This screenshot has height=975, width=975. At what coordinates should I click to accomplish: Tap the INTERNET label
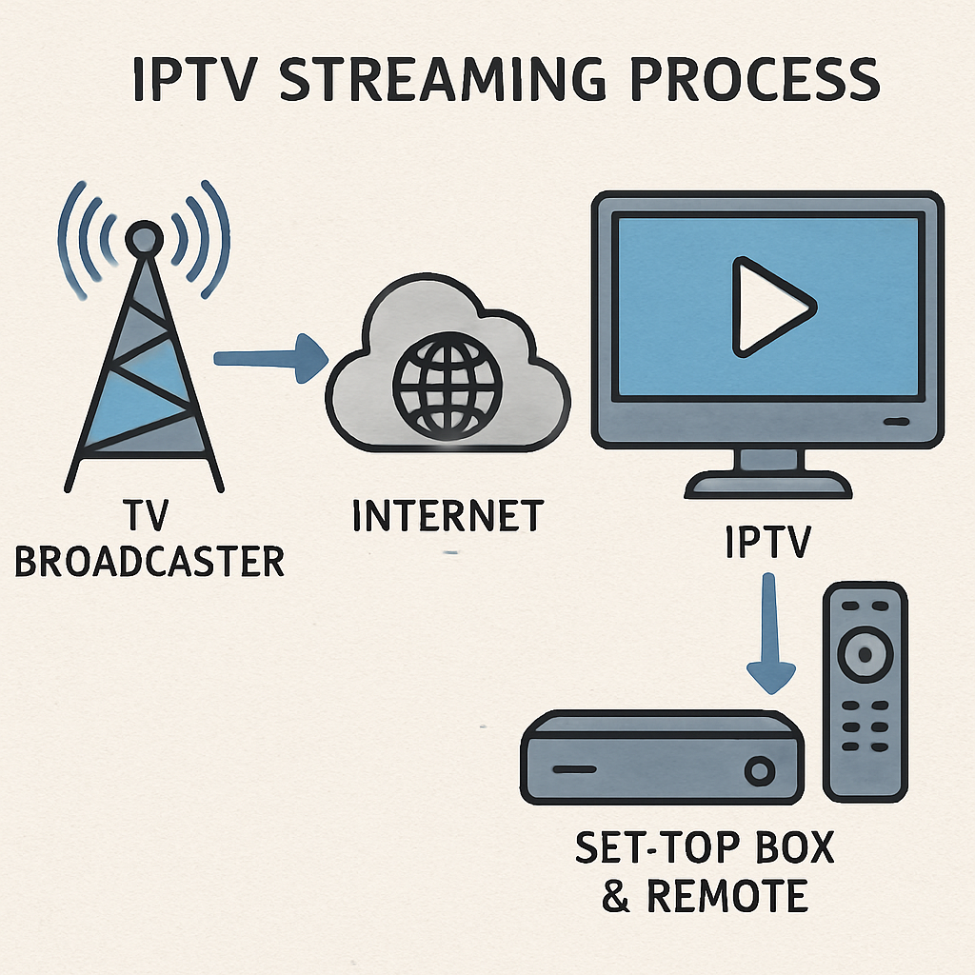[x=448, y=515]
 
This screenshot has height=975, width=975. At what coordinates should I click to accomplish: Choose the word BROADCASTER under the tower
[x=149, y=562]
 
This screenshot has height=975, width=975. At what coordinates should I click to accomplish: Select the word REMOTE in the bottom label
[x=728, y=895]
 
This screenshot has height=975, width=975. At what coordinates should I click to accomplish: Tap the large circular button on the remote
[x=864, y=653]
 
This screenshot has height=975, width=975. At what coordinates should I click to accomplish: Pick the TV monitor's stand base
[x=767, y=487]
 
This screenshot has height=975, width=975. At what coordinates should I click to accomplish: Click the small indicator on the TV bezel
[x=896, y=421]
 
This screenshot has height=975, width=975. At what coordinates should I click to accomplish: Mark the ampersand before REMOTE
[x=617, y=895]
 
